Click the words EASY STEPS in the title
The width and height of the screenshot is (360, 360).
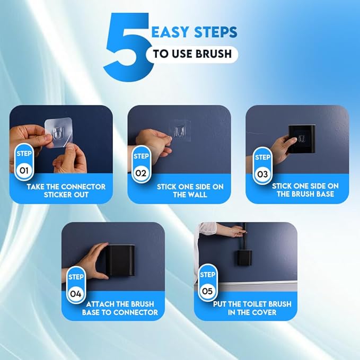coord(194,32)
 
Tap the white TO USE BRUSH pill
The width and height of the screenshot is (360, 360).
coord(192,54)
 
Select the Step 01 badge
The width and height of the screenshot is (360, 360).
coord(24,162)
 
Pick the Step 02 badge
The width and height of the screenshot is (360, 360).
coord(141,164)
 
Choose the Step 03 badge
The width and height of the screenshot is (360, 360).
coord(262,166)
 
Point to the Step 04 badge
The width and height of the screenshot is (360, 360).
coord(76,285)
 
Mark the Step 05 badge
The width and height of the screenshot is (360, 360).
coord(207,283)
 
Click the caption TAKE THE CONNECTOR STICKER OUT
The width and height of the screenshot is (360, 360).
coord(66,190)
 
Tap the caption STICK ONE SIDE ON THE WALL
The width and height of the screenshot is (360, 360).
coord(190,190)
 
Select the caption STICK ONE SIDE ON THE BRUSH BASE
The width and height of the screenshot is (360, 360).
coord(305,190)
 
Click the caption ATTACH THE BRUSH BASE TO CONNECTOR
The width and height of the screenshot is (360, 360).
coord(120,308)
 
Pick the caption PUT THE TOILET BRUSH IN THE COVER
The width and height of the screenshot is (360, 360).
coord(252,308)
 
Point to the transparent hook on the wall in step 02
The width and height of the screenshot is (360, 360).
coord(180,131)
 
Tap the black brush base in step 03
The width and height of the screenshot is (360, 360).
coord(302,139)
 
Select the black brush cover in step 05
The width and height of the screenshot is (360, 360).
coord(243,258)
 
